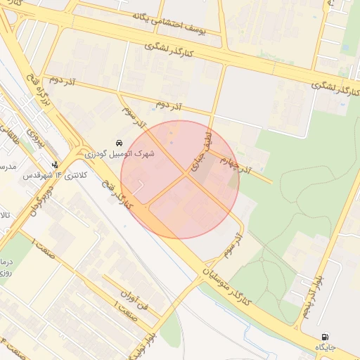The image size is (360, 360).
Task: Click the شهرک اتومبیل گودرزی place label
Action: [118, 153]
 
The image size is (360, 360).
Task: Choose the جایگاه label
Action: [326, 347]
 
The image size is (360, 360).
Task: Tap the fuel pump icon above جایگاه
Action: [325, 337]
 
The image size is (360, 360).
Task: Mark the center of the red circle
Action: [180, 179]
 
